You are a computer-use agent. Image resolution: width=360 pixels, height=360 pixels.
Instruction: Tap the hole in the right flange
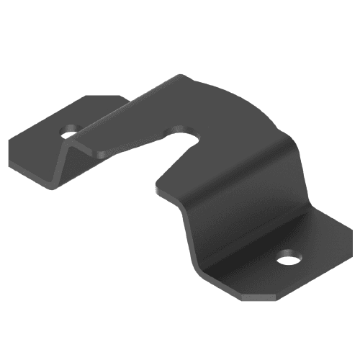coord(289,257)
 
